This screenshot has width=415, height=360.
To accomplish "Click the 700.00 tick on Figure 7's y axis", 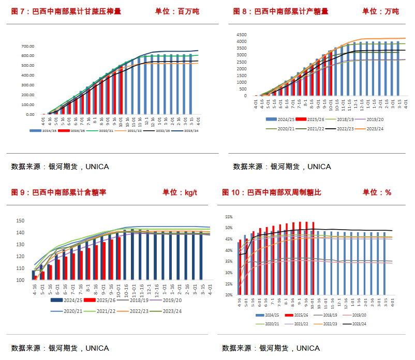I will (27, 46).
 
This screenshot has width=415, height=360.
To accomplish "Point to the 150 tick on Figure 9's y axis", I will (21, 221).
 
